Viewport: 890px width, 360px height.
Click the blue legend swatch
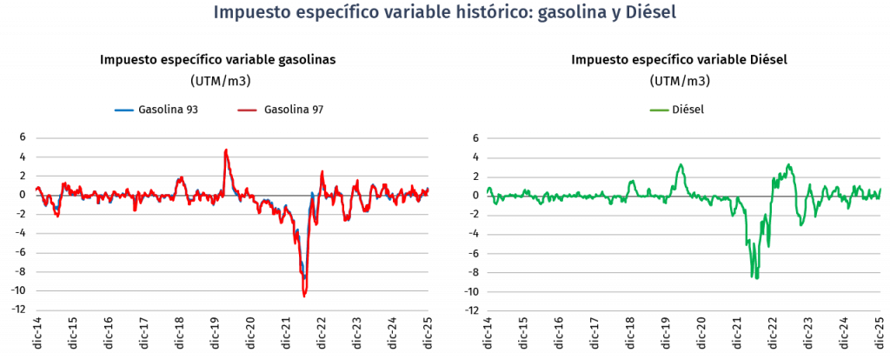[x=124, y=110]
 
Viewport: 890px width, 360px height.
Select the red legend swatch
[x=247, y=110]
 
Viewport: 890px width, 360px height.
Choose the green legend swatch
[x=660, y=110]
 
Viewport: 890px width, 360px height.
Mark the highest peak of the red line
[x=226, y=150]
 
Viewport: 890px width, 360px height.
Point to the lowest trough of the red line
[x=304, y=297]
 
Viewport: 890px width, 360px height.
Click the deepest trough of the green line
[x=755, y=278]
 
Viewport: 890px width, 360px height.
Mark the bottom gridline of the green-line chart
[x=684, y=310]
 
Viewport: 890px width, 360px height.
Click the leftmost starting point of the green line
[x=488, y=188]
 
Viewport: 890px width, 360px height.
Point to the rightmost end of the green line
[x=880, y=189]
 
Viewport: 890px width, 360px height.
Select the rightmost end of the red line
[x=428, y=189]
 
